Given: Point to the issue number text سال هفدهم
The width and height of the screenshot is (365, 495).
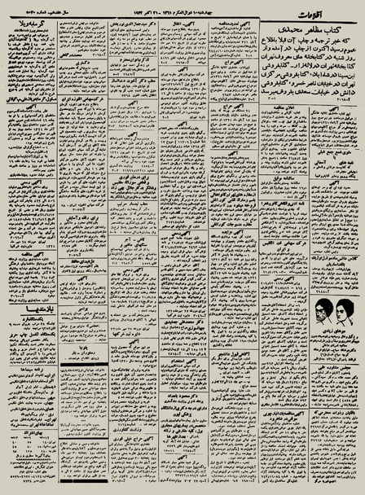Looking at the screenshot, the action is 41,9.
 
